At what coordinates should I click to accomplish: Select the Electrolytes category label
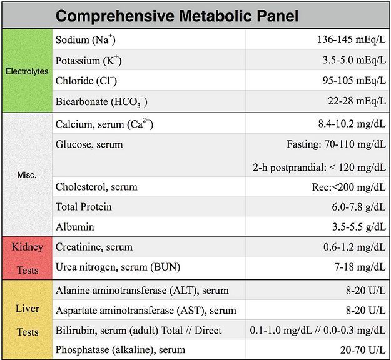point(27,71)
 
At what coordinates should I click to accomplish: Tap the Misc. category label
point(27,175)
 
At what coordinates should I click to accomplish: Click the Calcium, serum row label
point(104,124)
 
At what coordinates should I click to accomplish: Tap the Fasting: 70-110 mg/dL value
point(336,144)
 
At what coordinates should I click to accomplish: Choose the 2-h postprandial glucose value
point(319,167)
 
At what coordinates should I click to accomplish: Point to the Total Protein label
point(83,207)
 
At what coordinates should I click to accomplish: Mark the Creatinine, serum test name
point(94,247)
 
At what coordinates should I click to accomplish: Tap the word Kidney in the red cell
point(27,247)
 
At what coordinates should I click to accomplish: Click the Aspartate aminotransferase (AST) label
point(146,310)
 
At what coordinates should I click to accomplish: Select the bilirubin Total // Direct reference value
point(317,330)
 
